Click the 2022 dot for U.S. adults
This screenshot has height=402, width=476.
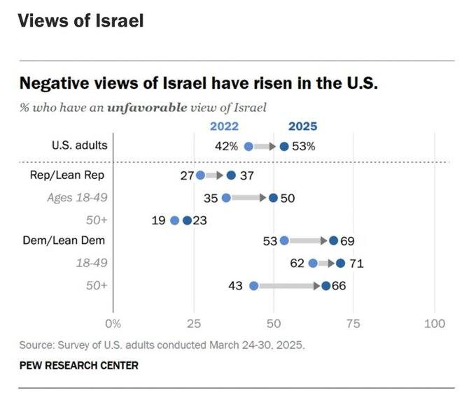248,147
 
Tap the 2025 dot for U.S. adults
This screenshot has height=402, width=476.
283,147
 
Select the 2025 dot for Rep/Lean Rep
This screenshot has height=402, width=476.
232,175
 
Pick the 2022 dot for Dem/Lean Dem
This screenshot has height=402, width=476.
284,241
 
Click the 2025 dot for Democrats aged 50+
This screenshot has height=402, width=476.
326,285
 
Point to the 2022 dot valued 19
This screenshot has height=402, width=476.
175,220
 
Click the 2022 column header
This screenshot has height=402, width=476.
224,127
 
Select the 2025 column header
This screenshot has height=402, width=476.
302,127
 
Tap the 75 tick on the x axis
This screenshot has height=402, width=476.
355,324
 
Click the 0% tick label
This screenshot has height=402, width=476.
113,324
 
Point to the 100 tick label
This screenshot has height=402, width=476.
435,324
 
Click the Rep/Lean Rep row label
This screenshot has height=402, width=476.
78,175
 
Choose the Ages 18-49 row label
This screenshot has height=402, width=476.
77,198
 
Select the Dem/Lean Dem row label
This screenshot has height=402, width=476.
73,241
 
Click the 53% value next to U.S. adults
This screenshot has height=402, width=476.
304,147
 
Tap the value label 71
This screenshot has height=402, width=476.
356,264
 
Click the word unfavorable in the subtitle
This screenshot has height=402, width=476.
147,108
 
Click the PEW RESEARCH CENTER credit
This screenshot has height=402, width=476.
78,365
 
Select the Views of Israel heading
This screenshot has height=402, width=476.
80,20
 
